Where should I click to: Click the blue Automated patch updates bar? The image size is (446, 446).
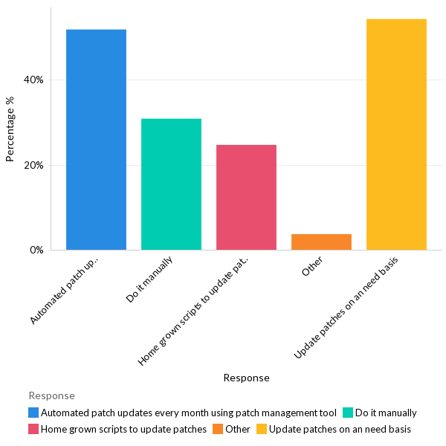click(x=96, y=140)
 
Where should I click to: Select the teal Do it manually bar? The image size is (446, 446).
click(x=171, y=184)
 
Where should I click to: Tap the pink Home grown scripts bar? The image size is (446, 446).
click(x=246, y=197)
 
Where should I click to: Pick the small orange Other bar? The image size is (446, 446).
click(x=321, y=242)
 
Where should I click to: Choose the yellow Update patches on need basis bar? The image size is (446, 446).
click(x=396, y=135)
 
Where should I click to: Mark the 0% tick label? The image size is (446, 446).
click(x=36, y=250)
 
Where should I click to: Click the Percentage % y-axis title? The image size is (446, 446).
click(x=10, y=129)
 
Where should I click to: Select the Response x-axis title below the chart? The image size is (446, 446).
click(x=246, y=378)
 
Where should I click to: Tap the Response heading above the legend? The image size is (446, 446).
click(x=51, y=395)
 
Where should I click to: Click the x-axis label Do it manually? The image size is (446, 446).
click(x=150, y=279)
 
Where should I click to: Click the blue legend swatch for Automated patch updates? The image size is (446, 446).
click(x=33, y=413)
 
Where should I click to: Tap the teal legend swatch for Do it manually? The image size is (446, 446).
click(x=347, y=413)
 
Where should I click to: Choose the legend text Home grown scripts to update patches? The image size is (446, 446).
click(x=123, y=429)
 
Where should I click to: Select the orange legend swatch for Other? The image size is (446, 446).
click(x=217, y=429)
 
